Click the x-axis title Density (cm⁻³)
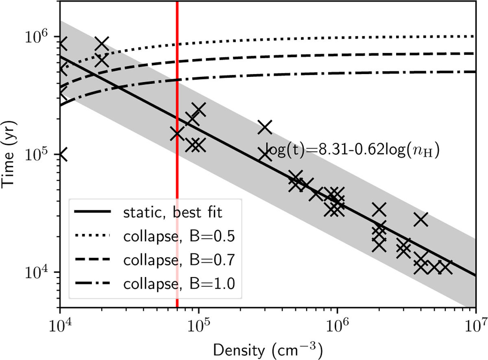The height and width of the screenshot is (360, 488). pyautogui.click(x=267, y=349)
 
